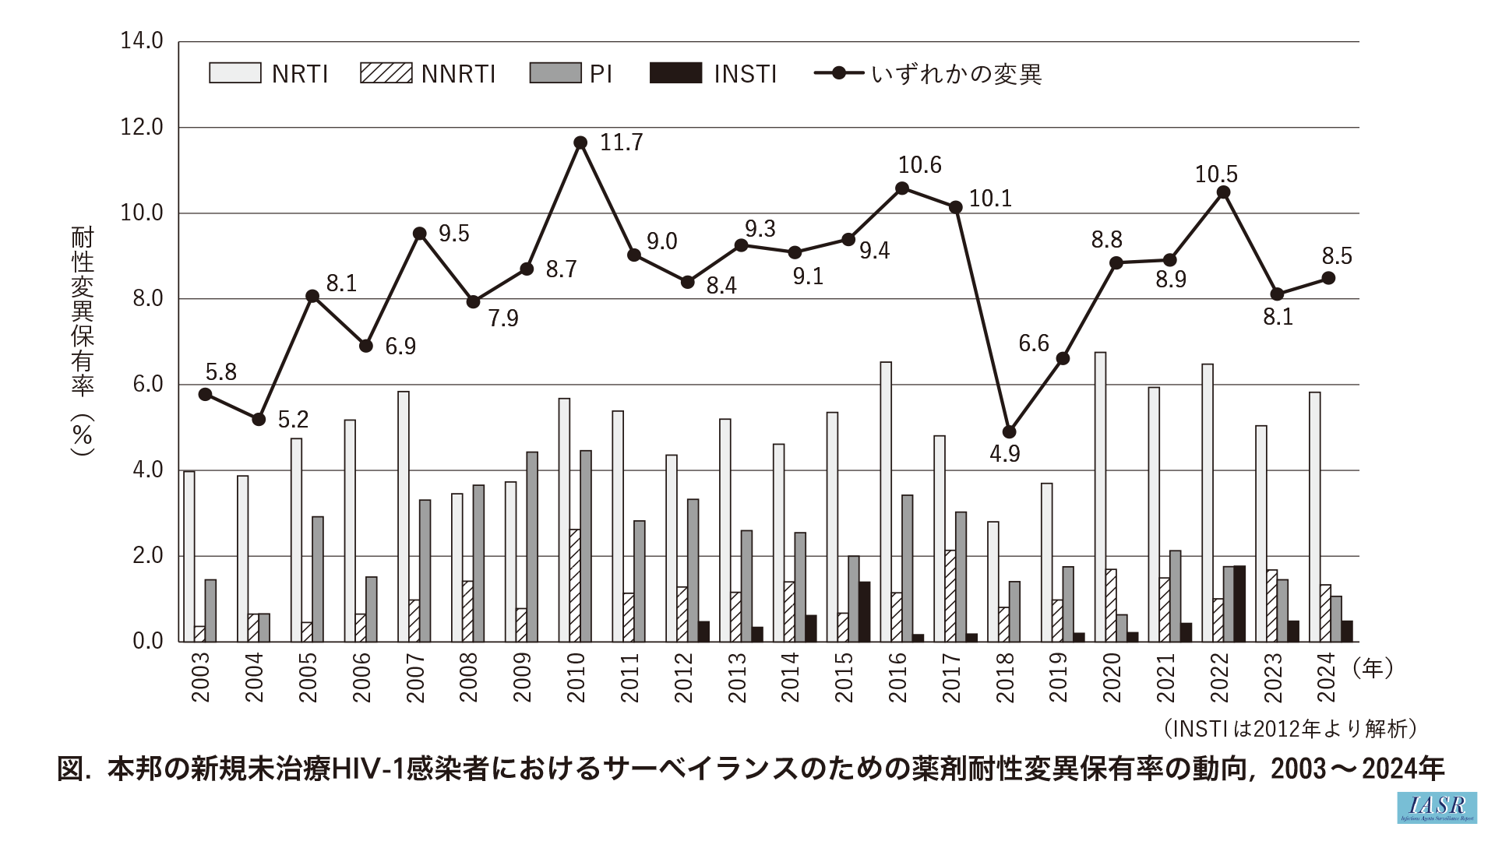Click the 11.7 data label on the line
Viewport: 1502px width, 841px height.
coord(621,143)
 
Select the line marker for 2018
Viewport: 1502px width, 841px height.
coord(1009,431)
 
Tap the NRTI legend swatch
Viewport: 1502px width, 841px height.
coord(234,73)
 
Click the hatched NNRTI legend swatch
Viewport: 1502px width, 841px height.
coord(386,73)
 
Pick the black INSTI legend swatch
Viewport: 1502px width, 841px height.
coord(675,73)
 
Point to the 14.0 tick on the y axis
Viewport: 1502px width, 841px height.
coord(142,40)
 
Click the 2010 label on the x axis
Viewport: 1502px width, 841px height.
coord(576,677)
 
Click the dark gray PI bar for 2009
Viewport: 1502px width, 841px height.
coord(532,547)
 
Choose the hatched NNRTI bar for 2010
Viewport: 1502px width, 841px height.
coord(575,586)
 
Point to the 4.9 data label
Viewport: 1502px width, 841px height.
coord(1004,454)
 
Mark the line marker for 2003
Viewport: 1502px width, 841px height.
coord(205,394)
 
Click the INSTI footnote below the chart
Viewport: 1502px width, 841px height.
coord(1290,728)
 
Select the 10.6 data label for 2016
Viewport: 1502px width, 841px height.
coord(919,165)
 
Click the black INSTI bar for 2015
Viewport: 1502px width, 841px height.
coord(864,611)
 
